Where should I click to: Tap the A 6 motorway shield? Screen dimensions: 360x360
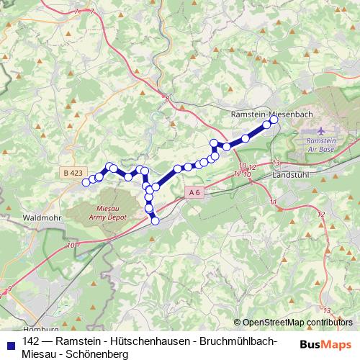[x=194, y=193]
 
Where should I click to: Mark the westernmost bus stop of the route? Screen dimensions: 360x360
[x=86, y=182]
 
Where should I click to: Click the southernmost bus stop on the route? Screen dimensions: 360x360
[x=155, y=221]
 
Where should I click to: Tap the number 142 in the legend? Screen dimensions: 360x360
[x=31, y=341]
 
